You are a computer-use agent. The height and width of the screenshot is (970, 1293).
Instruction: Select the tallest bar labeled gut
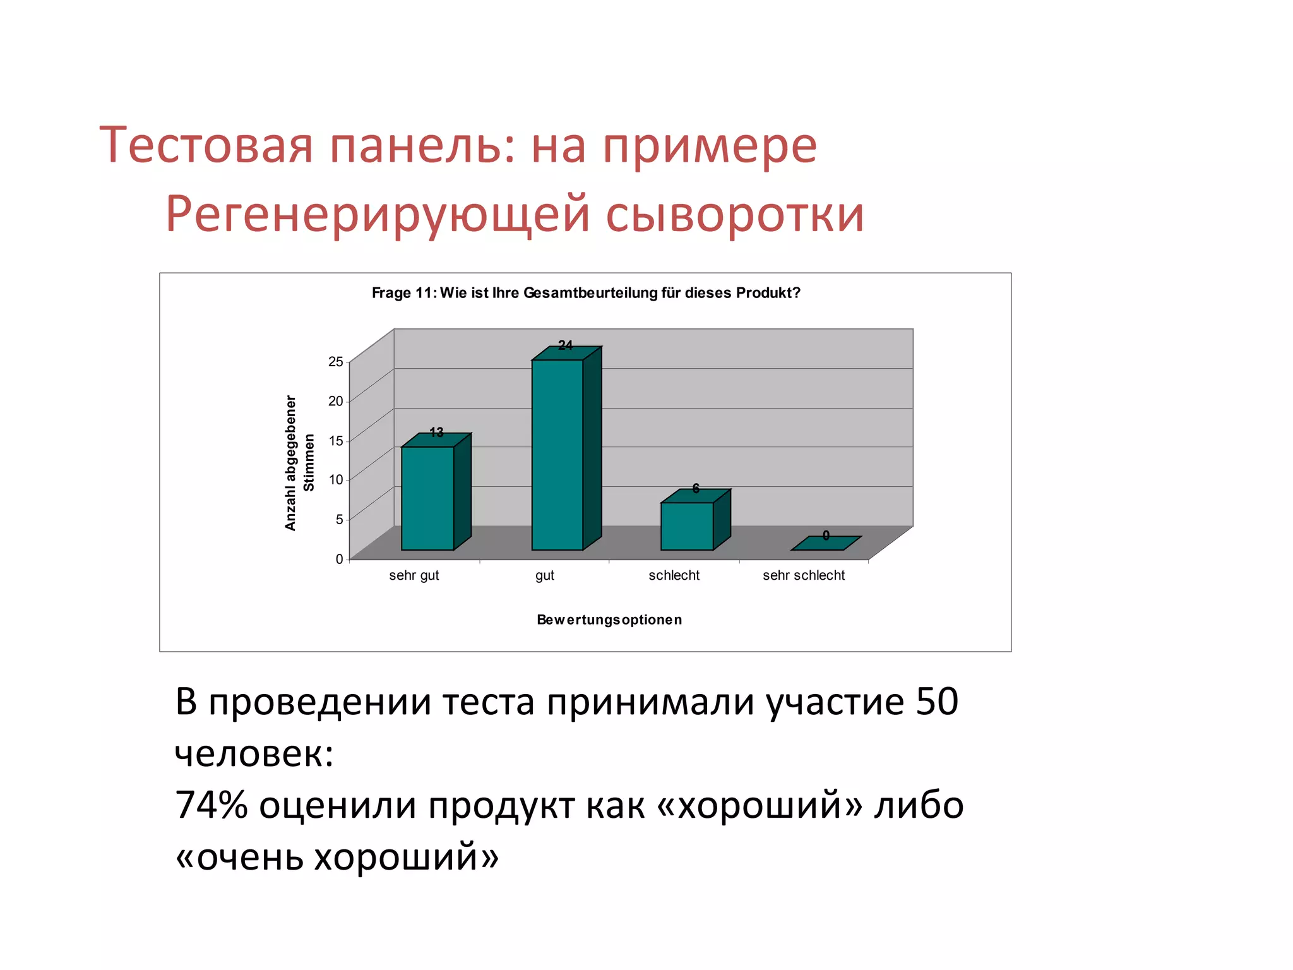click(557, 454)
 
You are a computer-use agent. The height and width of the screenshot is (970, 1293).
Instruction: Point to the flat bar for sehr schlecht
click(826, 543)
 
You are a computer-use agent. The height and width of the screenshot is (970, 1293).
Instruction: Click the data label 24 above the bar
click(565, 345)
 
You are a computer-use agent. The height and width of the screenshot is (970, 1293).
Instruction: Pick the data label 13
click(436, 433)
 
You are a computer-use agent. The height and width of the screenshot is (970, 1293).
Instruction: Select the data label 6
click(696, 488)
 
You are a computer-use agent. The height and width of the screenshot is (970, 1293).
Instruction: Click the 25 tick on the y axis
click(335, 362)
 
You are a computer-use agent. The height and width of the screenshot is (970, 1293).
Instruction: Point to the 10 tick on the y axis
click(335, 480)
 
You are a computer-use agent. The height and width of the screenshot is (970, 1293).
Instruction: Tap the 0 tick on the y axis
click(339, 559)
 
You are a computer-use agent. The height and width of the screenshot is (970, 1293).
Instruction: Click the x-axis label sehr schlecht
click(803, 575)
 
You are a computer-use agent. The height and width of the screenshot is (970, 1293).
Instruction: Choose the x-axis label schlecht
click(674, 575)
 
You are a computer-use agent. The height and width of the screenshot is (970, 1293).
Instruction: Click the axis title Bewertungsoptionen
click(609, 620)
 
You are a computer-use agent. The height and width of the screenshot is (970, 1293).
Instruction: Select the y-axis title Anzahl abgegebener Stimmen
click(299, 463)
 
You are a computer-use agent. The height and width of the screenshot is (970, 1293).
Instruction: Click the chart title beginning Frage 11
click(585, 293)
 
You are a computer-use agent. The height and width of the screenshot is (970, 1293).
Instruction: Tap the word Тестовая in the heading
click(206, 146)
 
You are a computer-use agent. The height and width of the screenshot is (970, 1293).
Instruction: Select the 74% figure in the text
click(211, 805)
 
